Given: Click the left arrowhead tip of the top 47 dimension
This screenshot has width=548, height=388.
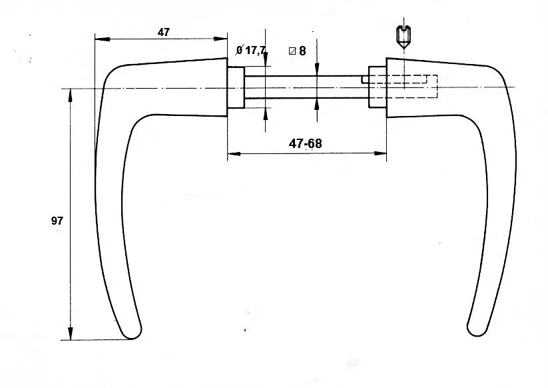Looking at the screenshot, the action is [95, 39].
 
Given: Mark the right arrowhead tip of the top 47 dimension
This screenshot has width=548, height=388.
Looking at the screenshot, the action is [227, 39].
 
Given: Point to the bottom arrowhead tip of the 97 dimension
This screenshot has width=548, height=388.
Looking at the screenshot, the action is [70, 340].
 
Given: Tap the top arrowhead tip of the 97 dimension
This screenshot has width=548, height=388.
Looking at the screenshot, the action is [70, 89].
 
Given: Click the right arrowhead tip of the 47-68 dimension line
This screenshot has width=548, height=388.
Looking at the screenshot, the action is [387, 153].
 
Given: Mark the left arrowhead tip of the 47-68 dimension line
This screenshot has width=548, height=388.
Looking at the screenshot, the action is [228, 153].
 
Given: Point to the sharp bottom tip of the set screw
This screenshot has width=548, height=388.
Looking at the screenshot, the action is [404, 49].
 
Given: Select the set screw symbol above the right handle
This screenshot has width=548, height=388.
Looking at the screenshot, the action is [404, 37].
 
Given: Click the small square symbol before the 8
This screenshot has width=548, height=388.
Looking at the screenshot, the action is [292, 51].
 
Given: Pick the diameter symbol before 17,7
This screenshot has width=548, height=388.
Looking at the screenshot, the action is [240, 50].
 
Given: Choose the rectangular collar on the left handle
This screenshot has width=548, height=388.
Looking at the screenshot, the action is [236, 87].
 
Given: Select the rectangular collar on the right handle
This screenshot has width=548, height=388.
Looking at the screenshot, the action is [378, 87].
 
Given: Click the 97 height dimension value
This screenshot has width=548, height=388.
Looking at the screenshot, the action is [57, 221].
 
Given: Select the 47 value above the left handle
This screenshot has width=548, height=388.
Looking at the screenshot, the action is [164, 32].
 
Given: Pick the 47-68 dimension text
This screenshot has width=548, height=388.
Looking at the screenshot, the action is [305, 143].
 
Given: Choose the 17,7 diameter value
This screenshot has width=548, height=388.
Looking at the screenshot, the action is [256, 51].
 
